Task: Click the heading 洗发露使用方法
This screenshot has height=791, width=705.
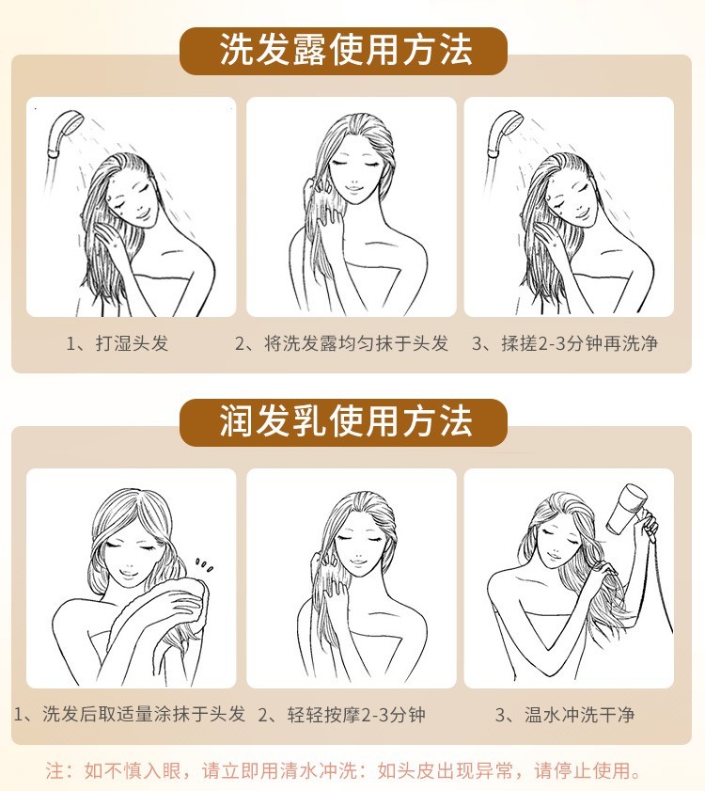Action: click(x=345, y=51)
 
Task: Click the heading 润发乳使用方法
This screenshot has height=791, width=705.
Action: click(x=345, y=421)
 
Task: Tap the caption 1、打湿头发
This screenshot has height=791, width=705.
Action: click(x=117, y=343)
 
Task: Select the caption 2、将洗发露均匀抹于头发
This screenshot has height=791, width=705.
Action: click(x=341, y=343)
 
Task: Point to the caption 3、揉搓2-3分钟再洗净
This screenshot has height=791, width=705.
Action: click(x=565, y=343)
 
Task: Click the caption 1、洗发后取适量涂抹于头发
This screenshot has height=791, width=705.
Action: click(x=130, y=714)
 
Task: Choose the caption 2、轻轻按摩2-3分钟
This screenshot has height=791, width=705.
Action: click(x=342, y=714)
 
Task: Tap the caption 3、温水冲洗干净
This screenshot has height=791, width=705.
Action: click(x=565, y=714)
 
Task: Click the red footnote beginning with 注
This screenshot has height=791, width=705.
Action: click(x=343, y=770)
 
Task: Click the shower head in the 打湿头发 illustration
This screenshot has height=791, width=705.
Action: click(x=63, y=134)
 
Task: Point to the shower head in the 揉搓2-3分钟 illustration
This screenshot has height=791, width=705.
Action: click(x=504, y=134)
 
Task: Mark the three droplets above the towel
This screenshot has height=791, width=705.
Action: click(x=204, y=565)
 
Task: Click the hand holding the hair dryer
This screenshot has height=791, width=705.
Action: click(x=650, y=525)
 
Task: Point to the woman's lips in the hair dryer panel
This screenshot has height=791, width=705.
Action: click(x=554, y=556)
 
